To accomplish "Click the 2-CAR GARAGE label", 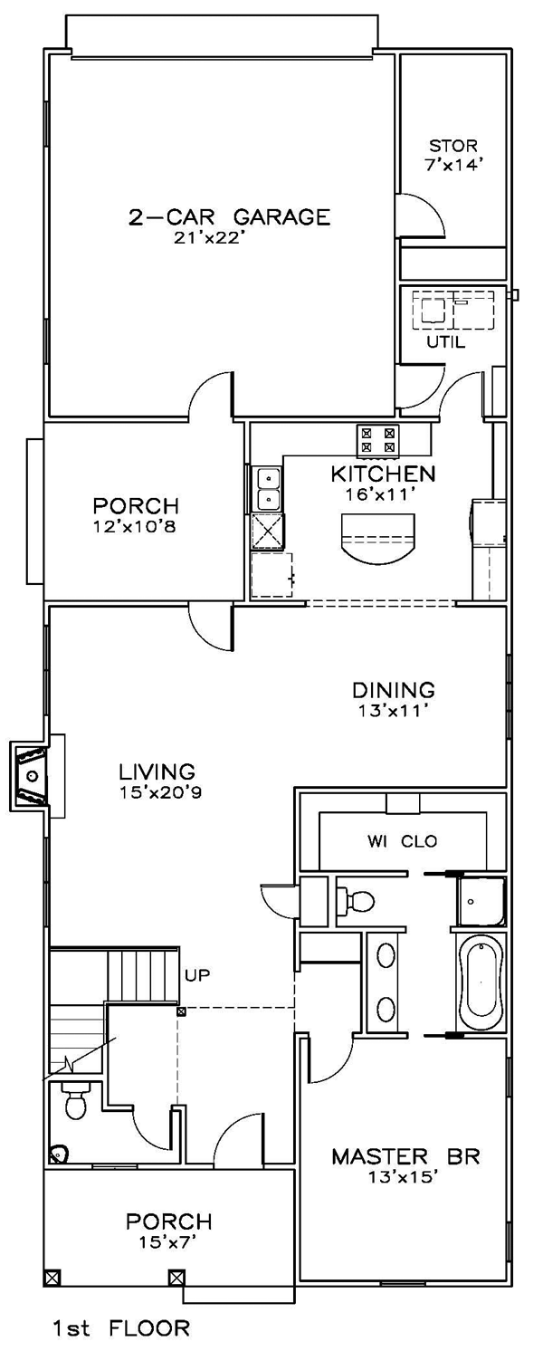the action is coord(230,216).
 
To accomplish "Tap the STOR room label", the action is coord(453,146).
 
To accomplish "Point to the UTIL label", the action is coord(446,342).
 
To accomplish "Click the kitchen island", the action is coord(378,537).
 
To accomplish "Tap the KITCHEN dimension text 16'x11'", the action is coord(382,494).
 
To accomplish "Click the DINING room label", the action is coord(394,689).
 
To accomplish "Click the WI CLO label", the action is coord(403,841).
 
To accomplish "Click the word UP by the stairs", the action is coord(197,974).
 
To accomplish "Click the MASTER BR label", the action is coord(406,1157).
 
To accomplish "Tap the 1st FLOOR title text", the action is coord(121,1327).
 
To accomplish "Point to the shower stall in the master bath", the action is coord(481,901).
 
